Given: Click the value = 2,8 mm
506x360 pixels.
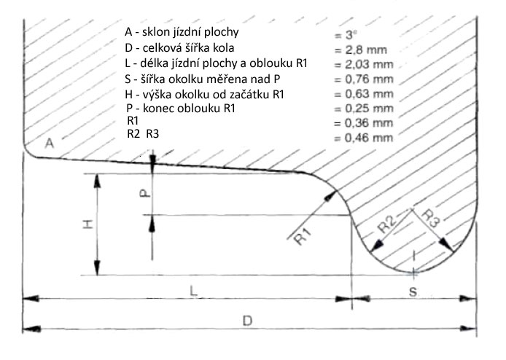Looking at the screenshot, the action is pos(360,50).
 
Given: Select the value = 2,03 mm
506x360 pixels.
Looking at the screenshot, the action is pos(364,65).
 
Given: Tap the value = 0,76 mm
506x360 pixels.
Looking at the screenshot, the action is pos(364,79).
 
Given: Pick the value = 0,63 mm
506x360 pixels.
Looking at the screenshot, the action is pos(364,94).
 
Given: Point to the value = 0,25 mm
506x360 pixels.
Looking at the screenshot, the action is pos(364,109).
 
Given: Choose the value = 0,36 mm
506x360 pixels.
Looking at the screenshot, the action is pos(364,123).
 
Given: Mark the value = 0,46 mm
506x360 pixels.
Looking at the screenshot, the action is pos(364,138).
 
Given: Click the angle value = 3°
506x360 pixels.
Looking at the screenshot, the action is pos(346,35).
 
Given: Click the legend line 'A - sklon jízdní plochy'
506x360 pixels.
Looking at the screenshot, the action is pos(182,32).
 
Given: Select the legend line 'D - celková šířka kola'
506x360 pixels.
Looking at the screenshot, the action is pos(179,48).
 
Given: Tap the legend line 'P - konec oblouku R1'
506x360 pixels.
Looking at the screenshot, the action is pos(181,109).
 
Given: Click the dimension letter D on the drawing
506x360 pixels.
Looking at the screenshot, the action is pos(247,321).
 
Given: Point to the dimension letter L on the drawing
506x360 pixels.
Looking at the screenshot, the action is pos(193,291).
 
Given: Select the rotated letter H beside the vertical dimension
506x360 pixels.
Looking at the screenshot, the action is pos(87,224).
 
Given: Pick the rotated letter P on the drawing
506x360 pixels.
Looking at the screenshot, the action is pos(145,193).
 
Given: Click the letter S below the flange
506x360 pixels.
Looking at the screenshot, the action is pos(413,292).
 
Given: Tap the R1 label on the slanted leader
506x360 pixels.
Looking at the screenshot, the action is pos(303,236).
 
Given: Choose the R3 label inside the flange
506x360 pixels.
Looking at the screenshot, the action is pos(431,219).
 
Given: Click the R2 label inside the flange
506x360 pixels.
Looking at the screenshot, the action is pos(387,224).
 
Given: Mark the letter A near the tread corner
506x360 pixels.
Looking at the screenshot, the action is pos(49,143).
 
